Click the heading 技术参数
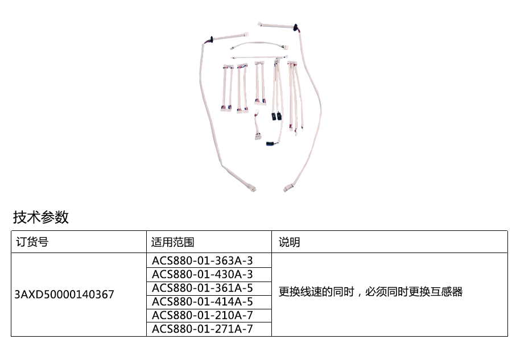pyautogui.click(x=41, y=217)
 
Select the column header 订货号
pyautogui.click(x=31, y=242)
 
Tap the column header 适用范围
pyautogui.click(x=172, y=242)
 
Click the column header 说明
pyautogui.click(x=289, y=242)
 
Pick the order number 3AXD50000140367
pyautogui.click(x=64, y=294)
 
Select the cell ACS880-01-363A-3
pyautogui.click(x=202, y=260)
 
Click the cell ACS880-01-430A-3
pyautogui.click(x=202, y=274)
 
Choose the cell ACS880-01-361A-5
pyautogui.click(x=202, y=288)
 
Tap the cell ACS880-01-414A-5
pyautogui.click(x=202, y=301)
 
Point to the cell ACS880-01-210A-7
pyautogui.click(x=202, y=315)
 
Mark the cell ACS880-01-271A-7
pyautogui.click(x=202, y=329)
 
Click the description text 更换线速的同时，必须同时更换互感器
pyautogui.click(x=370, y=292)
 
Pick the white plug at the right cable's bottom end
pyautogui.click(x=286, y=186)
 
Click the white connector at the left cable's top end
pyautogui.click(x=245, y=34)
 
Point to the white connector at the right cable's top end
pyautogui.click(x=261, y=24)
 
